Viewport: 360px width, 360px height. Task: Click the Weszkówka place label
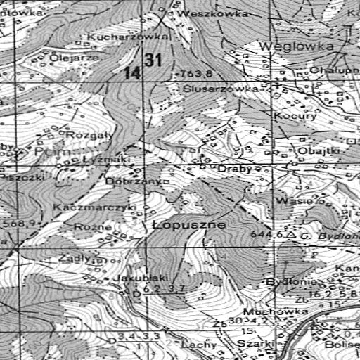(203, 13)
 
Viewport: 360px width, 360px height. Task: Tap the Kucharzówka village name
(129, 35)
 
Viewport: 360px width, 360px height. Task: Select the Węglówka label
(295, 46)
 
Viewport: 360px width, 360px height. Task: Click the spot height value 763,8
(197, 73)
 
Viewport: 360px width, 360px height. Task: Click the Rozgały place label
(85, 135)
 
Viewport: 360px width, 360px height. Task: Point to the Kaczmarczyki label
(94, 208)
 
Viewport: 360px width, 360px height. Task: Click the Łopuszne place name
(188, 224)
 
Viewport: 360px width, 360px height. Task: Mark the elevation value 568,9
(20, 224)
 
